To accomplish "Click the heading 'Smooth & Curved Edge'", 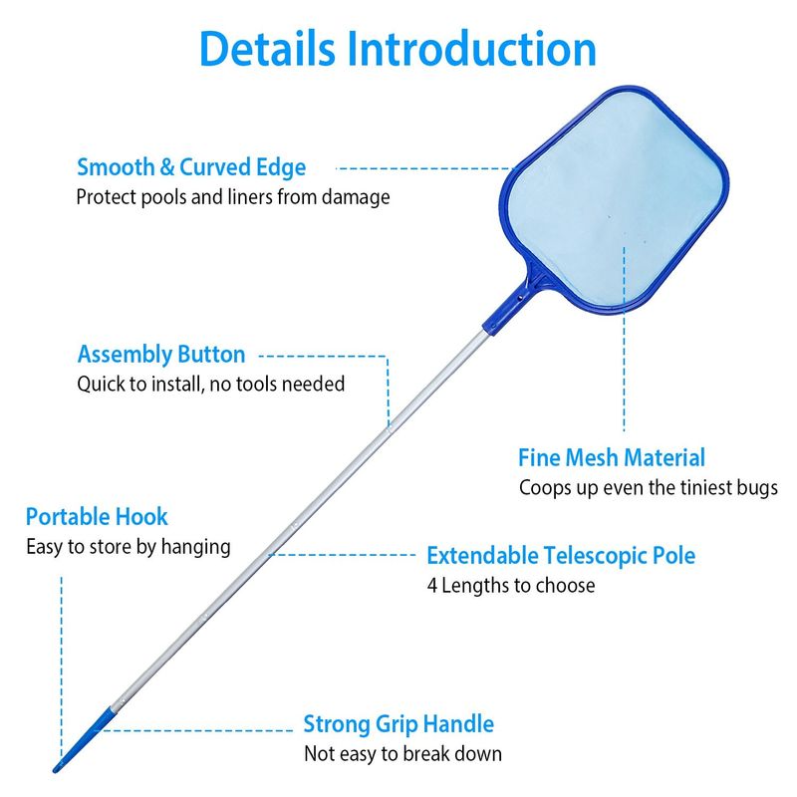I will (x=191, y=166).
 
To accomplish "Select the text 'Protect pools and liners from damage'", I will (x=233, y=196).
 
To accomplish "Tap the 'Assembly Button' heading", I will (x=161, y=354).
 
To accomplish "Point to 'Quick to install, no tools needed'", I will (x=211, y=384).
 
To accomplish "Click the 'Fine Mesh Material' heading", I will (x=612, y=457).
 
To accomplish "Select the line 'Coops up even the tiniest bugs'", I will (x=649, y=488).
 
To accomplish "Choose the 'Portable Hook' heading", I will (x=97, y=516).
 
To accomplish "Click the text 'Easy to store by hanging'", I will (x=128, y=546).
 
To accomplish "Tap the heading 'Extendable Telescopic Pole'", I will (x=561, y=555).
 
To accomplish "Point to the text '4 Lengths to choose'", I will (x=510, y=585).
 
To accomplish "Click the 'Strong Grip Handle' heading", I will (x=398, y=724).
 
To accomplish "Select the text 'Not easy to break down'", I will (x=402, y=754).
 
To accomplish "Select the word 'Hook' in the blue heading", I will (x=143, y=516).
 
